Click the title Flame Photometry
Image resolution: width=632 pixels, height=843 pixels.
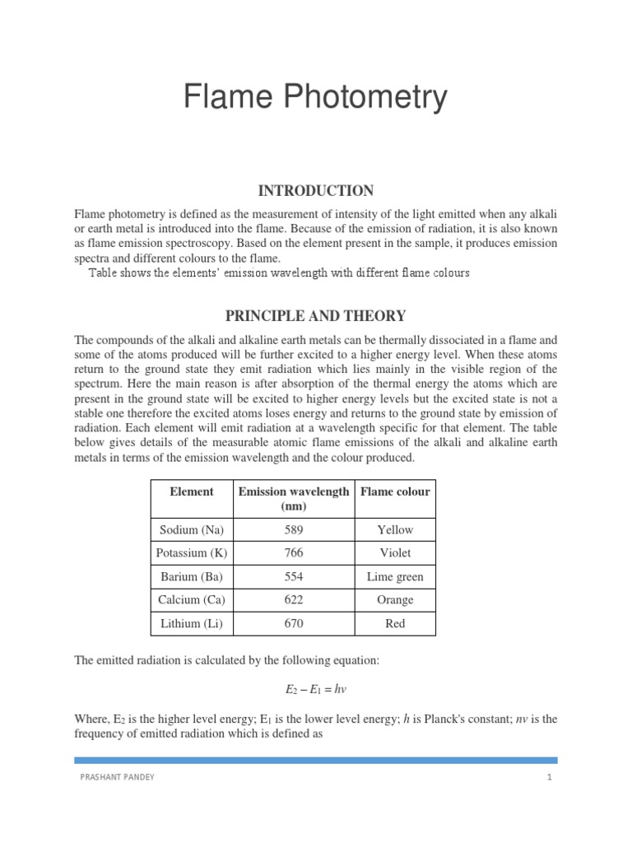pos(315,97)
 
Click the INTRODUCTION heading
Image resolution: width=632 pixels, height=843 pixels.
pos(315,191)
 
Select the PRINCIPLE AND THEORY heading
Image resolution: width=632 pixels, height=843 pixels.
pos(315,315)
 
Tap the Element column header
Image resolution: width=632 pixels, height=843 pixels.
pos(192,491)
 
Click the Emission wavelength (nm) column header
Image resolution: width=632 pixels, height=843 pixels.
pos(294,499)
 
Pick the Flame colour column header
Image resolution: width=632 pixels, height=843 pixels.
pos(395,491)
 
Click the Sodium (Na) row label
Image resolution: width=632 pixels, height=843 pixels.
pos(192,530)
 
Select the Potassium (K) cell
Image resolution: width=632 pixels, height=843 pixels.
pos(192,553)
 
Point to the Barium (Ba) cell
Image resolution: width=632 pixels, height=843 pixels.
pos(192,577)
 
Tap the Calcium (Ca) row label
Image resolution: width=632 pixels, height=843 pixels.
pos(192,600)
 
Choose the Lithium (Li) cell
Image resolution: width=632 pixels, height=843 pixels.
pos(192,624)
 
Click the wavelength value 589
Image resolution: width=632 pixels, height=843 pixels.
pos(294,530)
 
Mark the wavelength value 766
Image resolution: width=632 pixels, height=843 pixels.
pos(294,553)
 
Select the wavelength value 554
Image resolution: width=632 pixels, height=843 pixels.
pos(294,577)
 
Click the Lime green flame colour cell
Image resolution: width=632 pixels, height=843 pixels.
pos(395,577)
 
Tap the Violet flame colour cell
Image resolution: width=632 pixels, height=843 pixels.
pos(395,553)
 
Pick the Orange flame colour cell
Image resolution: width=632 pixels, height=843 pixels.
pos(395,600)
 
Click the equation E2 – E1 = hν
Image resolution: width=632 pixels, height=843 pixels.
pos(315,688)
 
